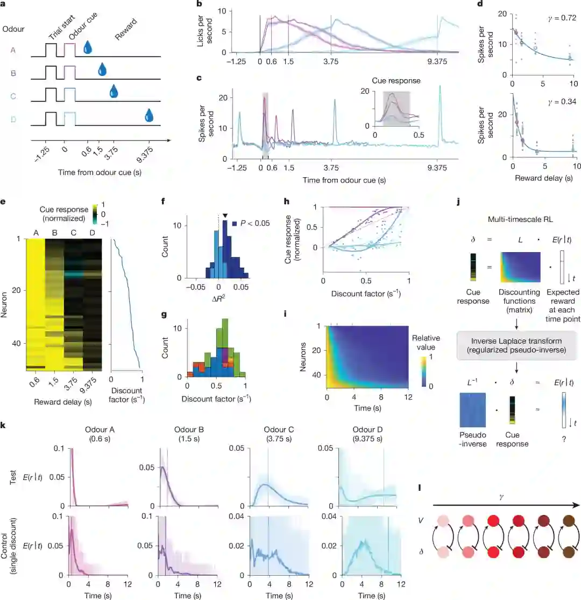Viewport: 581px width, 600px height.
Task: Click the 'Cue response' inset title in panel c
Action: tap(389, 81)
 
